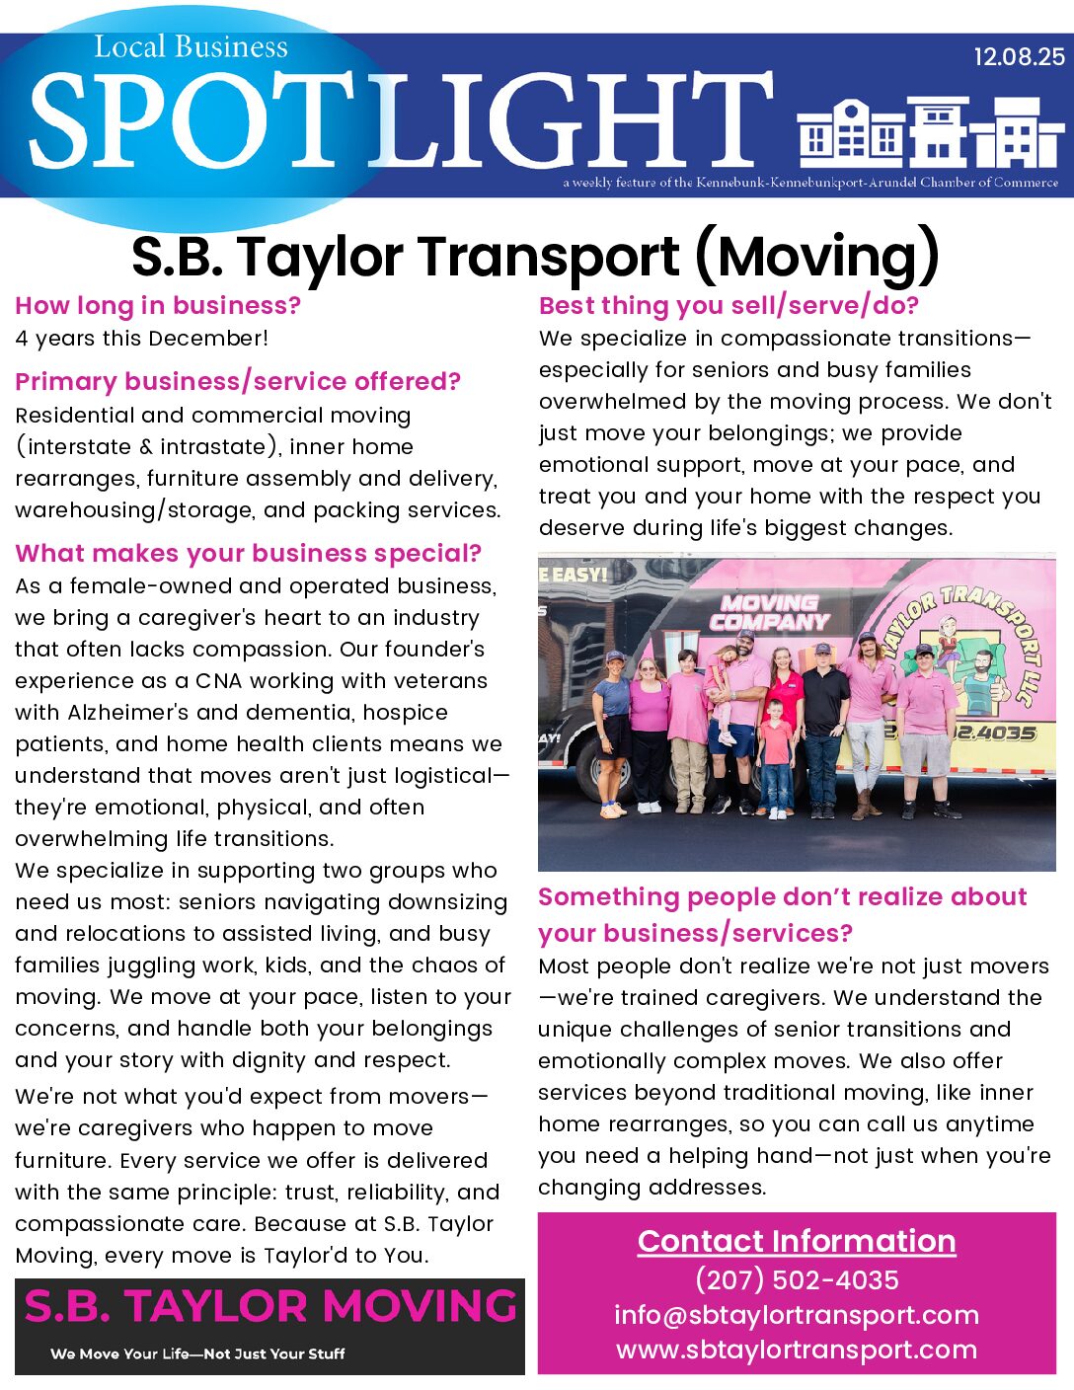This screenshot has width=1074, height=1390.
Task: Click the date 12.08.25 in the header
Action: pos(1019,57)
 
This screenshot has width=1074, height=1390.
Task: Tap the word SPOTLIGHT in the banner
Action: pos(400,120)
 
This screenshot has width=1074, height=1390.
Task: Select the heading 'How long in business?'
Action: pos(158,305)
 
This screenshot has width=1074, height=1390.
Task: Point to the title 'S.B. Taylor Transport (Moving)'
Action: pos(535,257)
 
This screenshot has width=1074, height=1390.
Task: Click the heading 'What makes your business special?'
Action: pos(248,553)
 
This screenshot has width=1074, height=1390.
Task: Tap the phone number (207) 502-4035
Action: pos(797,1279)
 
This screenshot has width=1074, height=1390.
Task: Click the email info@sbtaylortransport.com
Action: pos(797,1315)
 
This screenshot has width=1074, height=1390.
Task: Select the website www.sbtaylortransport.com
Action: pos(797,1350)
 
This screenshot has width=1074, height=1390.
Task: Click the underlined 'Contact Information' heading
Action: pos(797,1241)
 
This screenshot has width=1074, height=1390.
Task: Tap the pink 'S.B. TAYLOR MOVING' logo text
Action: pos(270,1306)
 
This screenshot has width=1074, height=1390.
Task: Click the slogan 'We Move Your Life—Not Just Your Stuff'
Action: pos(197,1353)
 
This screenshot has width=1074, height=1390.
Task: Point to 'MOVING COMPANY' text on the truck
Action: pos(769,612)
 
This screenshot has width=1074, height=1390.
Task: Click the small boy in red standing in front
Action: pos(776,755)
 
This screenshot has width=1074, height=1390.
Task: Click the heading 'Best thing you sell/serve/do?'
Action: pos(729,305)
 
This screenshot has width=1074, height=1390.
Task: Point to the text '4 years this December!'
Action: pos(141,338)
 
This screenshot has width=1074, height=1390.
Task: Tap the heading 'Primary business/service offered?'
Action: pos(238,381)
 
